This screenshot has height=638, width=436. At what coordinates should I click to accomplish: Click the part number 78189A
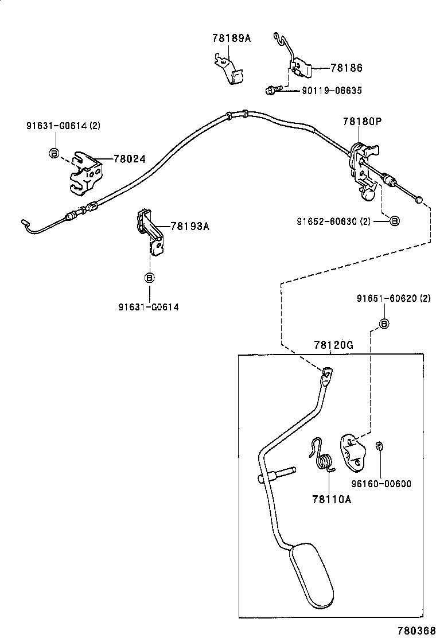pos(231,38)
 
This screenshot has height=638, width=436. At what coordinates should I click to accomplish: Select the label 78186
pos(346,68)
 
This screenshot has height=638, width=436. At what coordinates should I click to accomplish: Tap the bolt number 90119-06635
pos(332,90)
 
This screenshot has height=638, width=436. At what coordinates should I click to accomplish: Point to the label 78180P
pos(363,121)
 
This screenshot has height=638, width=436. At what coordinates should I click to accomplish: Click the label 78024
pos(129,159)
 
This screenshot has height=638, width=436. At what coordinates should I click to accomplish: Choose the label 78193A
pos(190,226)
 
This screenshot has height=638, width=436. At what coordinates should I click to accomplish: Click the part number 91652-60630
pos(327,221)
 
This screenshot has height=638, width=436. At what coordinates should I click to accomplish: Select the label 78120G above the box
pos(333,345)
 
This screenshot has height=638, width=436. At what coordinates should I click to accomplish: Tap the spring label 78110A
pos(332,499)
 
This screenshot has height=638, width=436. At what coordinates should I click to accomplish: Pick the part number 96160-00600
pos(381,484)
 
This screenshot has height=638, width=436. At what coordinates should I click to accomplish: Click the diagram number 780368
pos(416,631)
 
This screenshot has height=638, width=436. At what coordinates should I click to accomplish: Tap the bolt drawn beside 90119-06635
pos(273,90)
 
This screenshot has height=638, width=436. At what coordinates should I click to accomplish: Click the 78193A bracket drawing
pos(150,232)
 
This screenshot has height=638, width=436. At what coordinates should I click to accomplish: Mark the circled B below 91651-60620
pos(384,324)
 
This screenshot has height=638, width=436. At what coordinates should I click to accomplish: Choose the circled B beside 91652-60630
pos(394,221)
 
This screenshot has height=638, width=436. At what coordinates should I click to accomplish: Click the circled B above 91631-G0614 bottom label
pos(150,278)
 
